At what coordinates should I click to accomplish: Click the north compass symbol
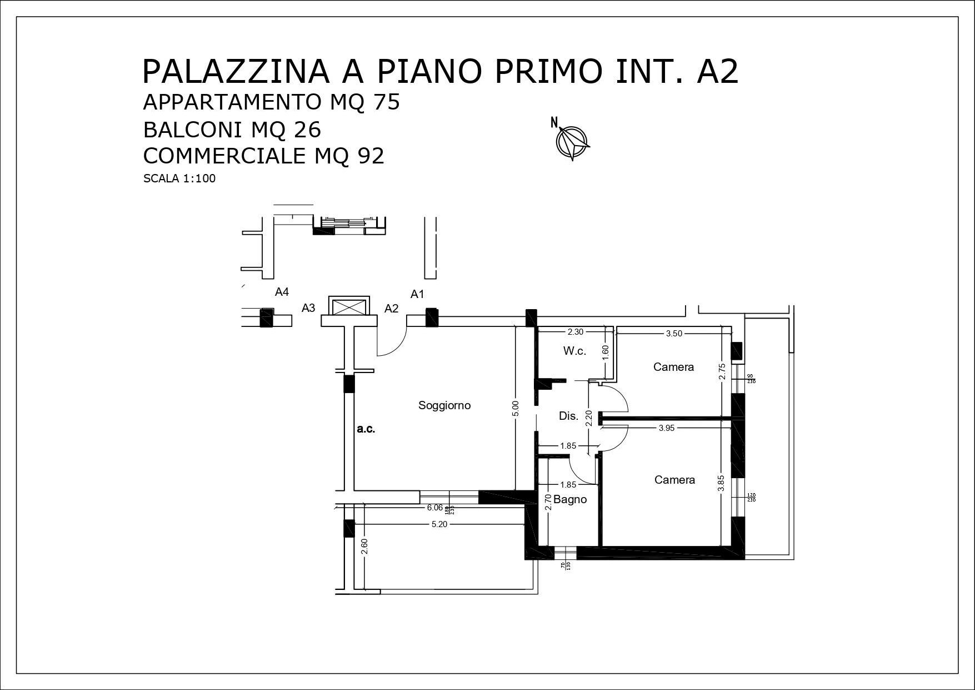coord(572,141)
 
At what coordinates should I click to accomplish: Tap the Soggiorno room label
coord(444,405)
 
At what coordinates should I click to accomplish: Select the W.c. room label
coord(574,351)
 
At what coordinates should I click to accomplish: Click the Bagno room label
coord(570,499)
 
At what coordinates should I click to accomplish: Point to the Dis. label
coord(568,416)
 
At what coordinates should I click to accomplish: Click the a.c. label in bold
coord(366,429)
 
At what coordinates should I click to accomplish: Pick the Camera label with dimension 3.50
coord(673,367)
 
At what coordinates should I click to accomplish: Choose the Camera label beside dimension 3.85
coord(674,480)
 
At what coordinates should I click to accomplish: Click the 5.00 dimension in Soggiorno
coord(515,409)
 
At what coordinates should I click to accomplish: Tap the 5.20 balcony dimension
coord(439,524)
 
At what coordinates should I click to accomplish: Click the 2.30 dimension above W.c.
coord(575,332)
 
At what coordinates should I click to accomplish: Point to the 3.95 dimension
coord(666,428)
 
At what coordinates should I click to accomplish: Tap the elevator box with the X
coord(349,307)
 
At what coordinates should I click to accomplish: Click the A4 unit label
coord(282,292)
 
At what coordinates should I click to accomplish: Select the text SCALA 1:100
coord(179,179)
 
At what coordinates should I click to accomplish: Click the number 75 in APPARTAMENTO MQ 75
coord(387,103)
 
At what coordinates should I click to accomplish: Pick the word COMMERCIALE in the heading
coord(224,156)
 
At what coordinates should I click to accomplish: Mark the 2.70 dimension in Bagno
coord(548,503)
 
